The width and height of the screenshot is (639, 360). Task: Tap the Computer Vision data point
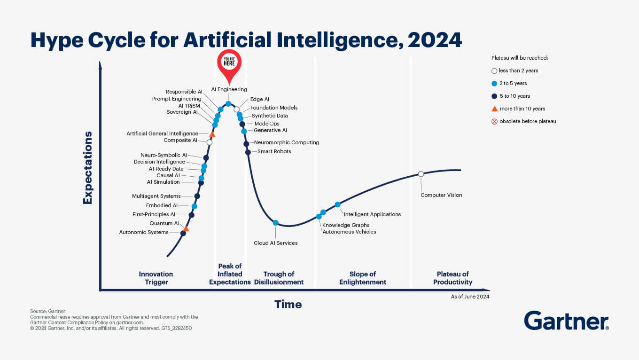pyautogui.click(x=421, y=174)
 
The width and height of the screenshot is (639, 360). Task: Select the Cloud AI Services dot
pyautogui.click(x=276, y=223)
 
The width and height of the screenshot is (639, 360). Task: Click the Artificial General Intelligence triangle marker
pyautogui.click(x=212, y=134)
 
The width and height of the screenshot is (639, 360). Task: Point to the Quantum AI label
pyautogui.click(x=164, y=223)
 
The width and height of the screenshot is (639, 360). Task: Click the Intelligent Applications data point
pyautogui.click(x=337, y=204)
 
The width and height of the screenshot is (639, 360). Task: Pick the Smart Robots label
pyautogui.click(x=274, y=151)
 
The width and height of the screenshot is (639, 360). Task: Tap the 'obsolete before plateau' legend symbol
pyautogui.click(x=494, y=121)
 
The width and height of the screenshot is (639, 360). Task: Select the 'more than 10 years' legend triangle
pyautogui.click(x=494, y=109)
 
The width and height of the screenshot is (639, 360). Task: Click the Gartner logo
pyautogui.click(x=566, y=321)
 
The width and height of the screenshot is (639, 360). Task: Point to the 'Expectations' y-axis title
pyautogui.click(x=87, y=168)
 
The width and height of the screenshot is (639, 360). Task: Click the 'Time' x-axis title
pyautogui.click(x=288, y=305)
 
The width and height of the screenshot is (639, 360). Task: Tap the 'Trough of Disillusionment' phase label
pyautogui.click(x=279, y=278)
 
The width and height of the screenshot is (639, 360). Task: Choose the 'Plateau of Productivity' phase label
pyautogui.click(x=452, y=278)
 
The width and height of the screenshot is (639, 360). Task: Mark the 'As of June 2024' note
pyautogui.click(x=470, y=297)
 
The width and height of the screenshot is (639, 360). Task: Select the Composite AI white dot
pyautogui.click(x=210, y=142)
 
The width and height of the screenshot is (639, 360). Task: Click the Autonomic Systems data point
pyautogui.click(x=183, y=234)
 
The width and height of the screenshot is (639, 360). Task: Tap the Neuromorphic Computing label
pyautogui.click(x=287, y=142)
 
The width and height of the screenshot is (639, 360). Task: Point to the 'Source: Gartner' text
pyautogui.click(x=47, y=311)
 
